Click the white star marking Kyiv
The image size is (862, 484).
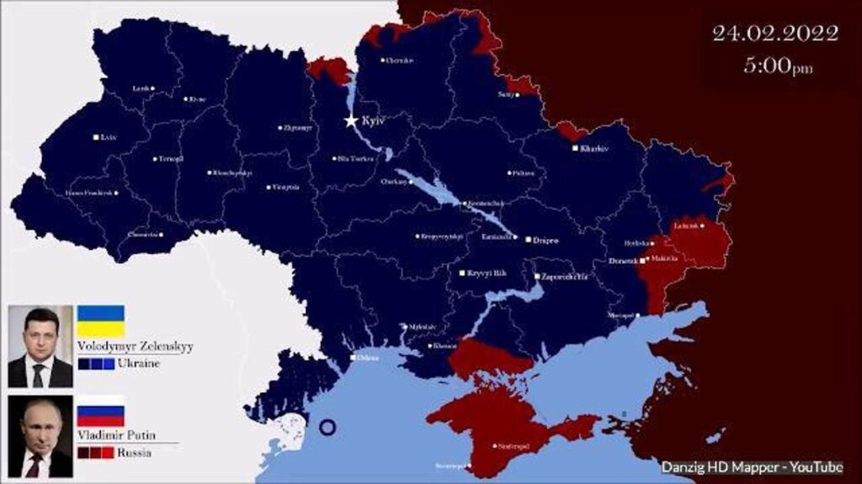point(351,121)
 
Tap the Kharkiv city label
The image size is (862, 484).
point(593,148)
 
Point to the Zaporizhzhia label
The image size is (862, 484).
point(565,276)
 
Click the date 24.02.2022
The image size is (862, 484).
point(774,34)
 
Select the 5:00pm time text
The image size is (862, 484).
point(778,66)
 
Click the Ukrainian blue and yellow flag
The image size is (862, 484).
point(100,321)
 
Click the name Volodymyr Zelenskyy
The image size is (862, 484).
point(135,345)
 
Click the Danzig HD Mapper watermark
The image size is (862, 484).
point(751,467)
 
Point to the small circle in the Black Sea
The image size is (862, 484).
point(328,427)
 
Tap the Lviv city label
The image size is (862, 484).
point(108,137)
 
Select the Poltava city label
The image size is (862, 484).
point(523,173)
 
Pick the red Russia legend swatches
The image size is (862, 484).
point(95,453)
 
